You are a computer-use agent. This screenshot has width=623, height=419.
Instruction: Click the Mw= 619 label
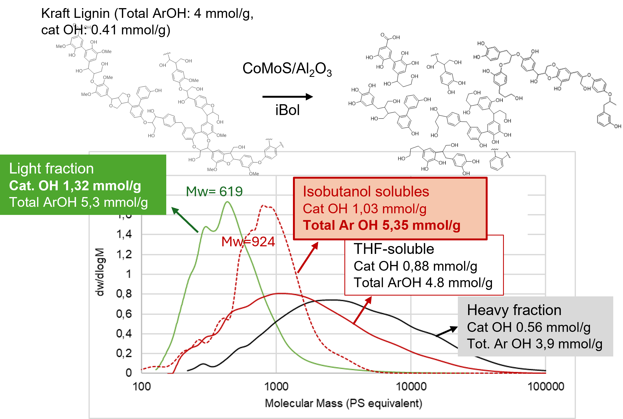coord(214,192)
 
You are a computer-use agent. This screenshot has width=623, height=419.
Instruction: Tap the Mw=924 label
coord(248,241)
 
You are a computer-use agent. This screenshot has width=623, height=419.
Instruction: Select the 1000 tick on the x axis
coord(276,386)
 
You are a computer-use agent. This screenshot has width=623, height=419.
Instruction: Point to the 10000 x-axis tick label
coord(411,386)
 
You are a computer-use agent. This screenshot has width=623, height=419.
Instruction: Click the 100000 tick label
coord(546,386)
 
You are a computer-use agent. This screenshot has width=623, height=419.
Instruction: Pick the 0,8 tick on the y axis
coord(124,294)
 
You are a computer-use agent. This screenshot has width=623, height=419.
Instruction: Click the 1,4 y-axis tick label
coord(124,234)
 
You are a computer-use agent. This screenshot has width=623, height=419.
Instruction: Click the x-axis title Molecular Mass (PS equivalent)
coord(343,403)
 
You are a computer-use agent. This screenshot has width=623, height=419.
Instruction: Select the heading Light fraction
coord(51,168)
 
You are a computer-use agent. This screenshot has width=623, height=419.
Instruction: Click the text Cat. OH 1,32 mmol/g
coord(75,186)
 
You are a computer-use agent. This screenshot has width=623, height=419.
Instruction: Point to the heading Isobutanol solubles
coord(366,192)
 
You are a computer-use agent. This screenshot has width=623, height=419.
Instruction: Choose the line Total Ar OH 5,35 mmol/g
coord(381,225)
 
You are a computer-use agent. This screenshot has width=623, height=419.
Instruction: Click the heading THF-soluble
coord(394,249)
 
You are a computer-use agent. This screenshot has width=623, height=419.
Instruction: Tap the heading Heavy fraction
coord(514,310)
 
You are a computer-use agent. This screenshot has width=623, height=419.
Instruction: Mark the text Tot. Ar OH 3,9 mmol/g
coord(534,344)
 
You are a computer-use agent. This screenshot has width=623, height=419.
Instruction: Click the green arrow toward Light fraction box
coord(185,220)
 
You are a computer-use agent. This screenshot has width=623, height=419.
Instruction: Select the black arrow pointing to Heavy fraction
coord(447,331)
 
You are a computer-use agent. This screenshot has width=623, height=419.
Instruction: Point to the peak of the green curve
coord(227,202)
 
